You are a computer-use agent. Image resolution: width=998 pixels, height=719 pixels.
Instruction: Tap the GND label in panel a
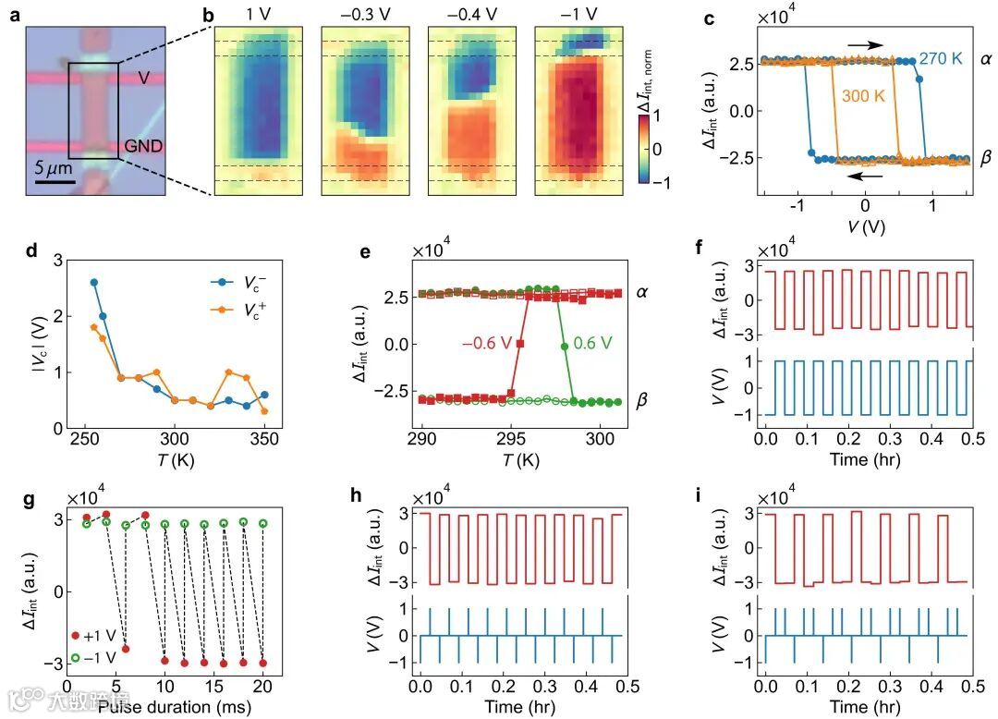(x=142, y=147)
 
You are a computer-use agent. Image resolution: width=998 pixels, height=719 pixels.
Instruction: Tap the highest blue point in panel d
(x=93, y=282)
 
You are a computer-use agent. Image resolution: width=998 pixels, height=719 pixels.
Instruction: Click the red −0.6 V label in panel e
(x=488, y=343)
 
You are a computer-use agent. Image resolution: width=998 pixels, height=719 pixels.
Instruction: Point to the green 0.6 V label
(x=606, y=343)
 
